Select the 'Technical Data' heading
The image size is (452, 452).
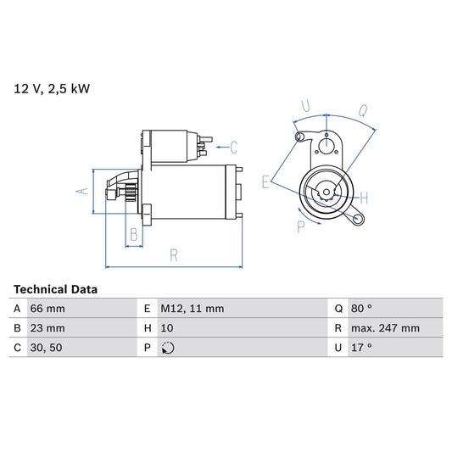coord(55,289)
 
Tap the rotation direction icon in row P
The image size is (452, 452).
coord(168,347)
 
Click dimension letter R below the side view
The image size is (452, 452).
coord(172,254)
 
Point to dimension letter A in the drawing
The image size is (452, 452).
coord(82,191)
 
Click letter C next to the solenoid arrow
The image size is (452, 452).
coord(233,146)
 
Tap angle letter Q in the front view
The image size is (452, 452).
coord(362,109)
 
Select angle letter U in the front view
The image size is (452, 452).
coord(306,106)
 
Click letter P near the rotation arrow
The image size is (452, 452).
coord(301,226)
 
